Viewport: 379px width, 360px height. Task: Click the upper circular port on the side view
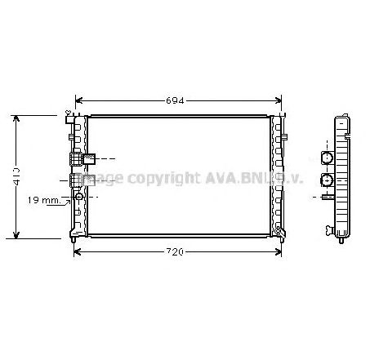328,158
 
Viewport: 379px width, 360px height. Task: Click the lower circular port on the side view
328,179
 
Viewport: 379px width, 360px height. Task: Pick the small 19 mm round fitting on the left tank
79,197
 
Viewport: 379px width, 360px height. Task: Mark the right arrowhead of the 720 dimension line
283,251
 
